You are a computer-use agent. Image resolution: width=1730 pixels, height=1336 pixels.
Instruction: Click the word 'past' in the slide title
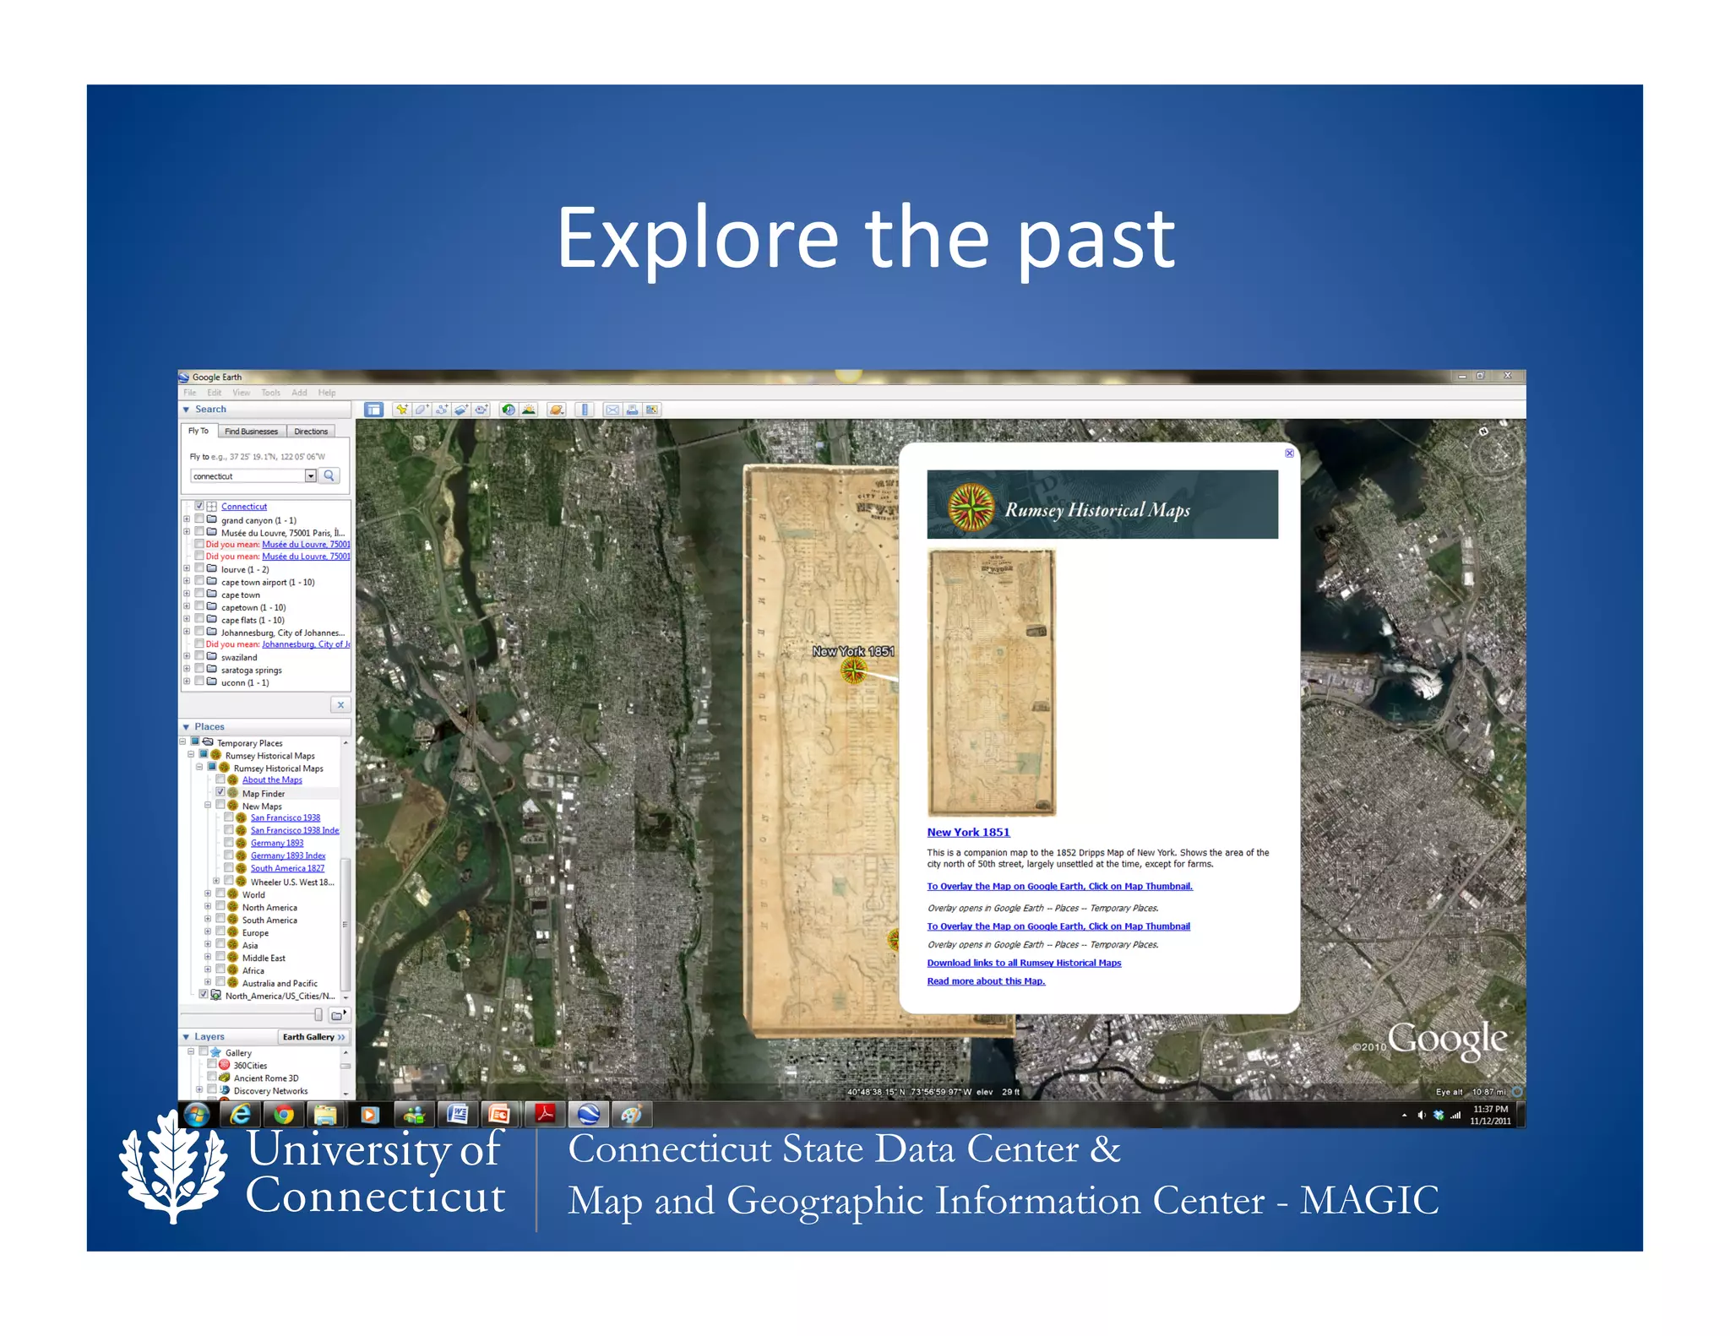tap(1096, 241)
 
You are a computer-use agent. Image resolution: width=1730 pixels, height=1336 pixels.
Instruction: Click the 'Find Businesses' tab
tap(251, 432)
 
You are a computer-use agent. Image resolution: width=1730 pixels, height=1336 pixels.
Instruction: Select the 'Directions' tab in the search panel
tap(311, 432)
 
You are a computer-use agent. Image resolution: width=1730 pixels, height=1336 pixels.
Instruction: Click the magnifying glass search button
tap(329, 475)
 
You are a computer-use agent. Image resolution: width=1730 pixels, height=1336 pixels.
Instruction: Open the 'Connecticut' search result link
tap(244, 507)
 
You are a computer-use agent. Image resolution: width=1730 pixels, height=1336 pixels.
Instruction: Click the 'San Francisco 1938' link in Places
tap(285, 817)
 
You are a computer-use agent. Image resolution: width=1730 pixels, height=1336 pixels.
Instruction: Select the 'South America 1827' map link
tap(287, 868)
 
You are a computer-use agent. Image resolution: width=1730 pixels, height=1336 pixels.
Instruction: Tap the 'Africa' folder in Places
tap(253, 970)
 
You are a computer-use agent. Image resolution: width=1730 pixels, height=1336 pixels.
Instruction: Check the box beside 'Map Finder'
tap(220, 793)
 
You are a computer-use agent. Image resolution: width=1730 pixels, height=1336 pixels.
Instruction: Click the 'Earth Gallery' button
tap(313, 1036)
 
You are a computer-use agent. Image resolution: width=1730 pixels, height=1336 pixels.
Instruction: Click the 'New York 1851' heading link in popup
tap(968, 832)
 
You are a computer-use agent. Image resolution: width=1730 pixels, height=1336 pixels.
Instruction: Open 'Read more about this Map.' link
tap(986, 981)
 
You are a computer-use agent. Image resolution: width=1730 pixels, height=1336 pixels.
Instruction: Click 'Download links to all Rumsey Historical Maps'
tap(1024, 963)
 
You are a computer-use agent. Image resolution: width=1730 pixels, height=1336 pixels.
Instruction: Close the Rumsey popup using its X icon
tap(1289, 453)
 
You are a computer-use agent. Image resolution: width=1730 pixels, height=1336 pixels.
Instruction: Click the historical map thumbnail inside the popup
tap(992, 682)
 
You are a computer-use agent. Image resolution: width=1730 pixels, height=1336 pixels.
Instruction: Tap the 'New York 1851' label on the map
tap(852, 651)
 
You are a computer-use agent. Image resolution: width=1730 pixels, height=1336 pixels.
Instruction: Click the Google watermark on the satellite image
tap(1446, 1040)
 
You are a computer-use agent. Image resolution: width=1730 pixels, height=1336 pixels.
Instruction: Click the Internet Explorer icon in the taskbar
tap(241, 1115)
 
